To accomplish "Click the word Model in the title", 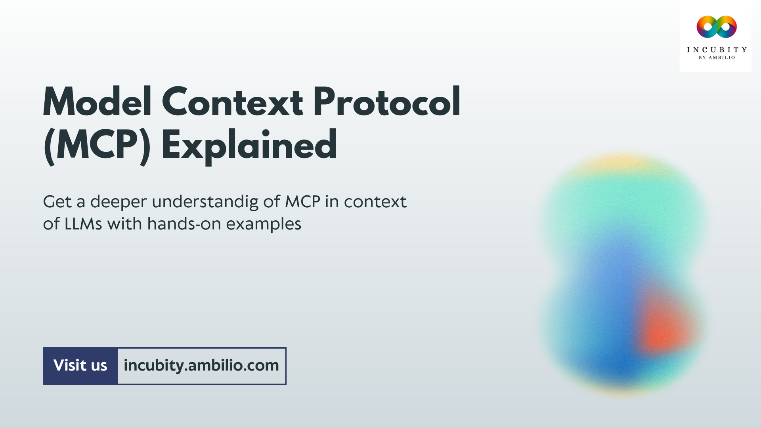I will coord(97,102).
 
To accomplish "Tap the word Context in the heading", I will coord(232,102).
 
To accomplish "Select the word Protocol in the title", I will coord(386,102).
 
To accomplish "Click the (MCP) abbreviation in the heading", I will coord(97,145).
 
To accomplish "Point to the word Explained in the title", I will coord(249,145).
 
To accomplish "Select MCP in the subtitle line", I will coord(302,202).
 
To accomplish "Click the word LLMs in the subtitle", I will coord(83,224).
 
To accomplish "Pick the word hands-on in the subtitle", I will coord(184,224).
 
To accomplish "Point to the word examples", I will coord(264,225).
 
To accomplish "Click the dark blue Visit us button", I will coord(80,366).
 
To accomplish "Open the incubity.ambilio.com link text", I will coord(201,366).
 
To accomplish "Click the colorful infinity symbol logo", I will coord(716,27).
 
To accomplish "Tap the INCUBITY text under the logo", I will coord(716,50).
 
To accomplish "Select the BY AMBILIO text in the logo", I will coord(716,58).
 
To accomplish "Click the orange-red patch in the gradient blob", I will coord(666,325).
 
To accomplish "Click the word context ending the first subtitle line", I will coord(375,202).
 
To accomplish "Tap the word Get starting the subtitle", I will coord(57,202).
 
